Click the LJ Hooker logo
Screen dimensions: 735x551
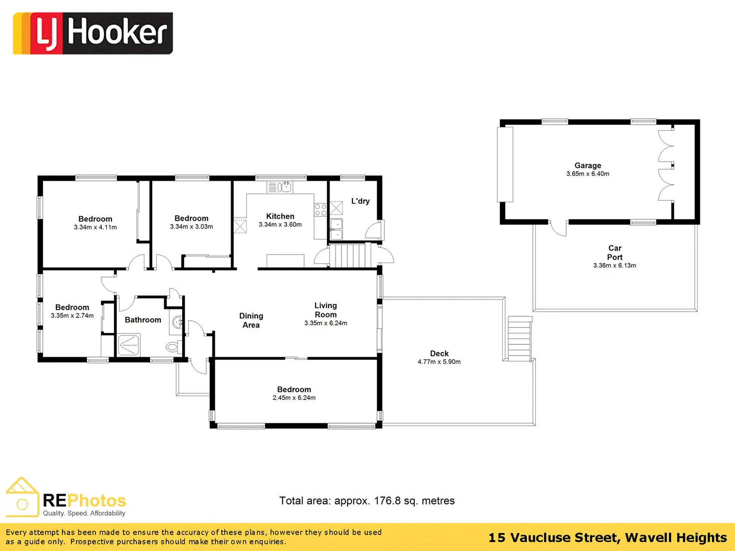pos(93,33)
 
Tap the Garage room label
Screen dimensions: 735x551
pos(588,165)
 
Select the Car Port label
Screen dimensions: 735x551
pos(615,253)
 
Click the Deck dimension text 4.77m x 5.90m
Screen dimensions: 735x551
pos(439,362)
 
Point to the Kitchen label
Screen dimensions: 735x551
pos(280,216)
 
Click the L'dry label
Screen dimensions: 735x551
pos(360,201)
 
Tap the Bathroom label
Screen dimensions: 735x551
pos(143,320)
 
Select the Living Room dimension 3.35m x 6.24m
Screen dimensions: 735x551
pos(326,323)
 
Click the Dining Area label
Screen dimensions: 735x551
pos(251,320)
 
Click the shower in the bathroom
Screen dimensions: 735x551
pos(129,345)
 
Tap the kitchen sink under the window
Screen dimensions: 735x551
pos(280,187)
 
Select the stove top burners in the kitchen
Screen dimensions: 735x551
pos(320,210)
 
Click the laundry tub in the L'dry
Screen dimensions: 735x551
pos(336,229)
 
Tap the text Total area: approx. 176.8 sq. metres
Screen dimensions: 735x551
pos(367,501)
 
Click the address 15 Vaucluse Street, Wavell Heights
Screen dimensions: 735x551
pos(607,538)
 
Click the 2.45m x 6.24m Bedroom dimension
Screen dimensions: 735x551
pos(294,398)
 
